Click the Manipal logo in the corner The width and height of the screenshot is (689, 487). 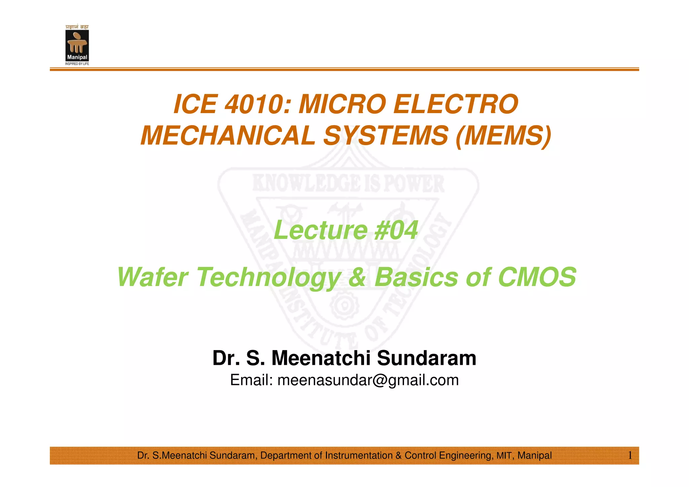click(77, 45)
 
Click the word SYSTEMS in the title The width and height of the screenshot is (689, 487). click(386, 135)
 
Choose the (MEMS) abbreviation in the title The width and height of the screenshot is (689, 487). click(503, 135)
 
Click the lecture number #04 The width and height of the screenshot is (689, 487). click(396, 230)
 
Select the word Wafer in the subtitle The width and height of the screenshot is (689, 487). click(152, 277)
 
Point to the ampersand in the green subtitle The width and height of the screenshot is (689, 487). click(357, 277)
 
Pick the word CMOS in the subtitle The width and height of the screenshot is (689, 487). click(537, 277)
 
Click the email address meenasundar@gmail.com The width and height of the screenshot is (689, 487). click(368, 380)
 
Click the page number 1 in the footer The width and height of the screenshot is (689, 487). click(630, 456)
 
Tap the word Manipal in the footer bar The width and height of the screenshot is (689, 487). click(535, 456)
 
